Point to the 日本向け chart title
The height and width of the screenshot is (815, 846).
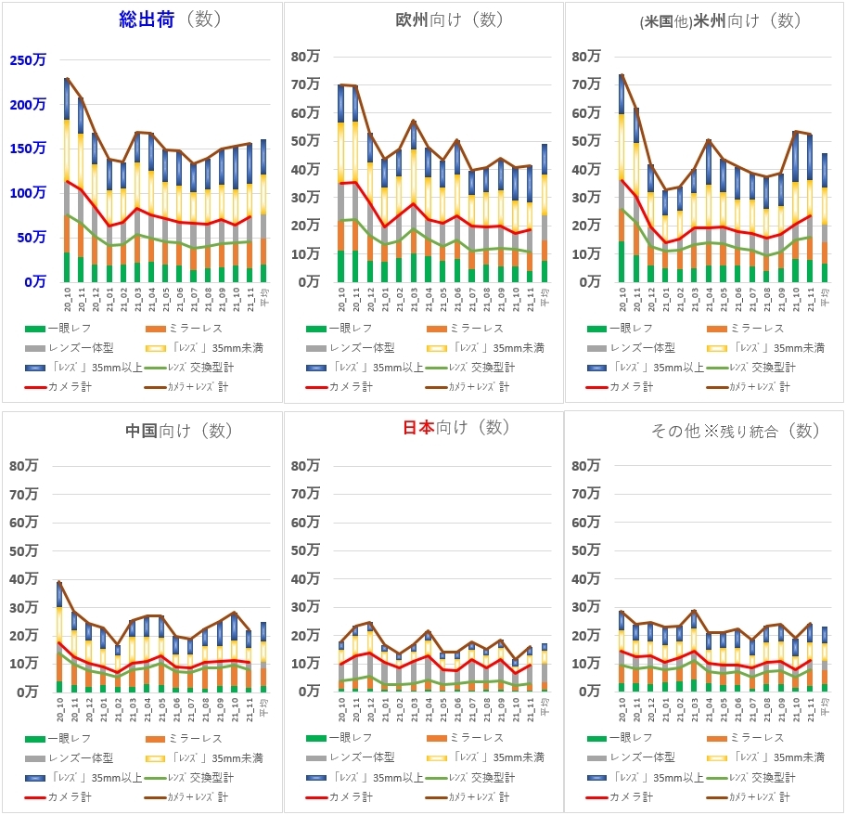tap(455, 427)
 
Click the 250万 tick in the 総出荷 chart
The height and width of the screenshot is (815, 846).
tap(28, 60)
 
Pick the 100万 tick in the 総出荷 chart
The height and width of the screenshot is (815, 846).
tap(28, 193)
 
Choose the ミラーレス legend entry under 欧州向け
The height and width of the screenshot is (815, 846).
tap(464, 328)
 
